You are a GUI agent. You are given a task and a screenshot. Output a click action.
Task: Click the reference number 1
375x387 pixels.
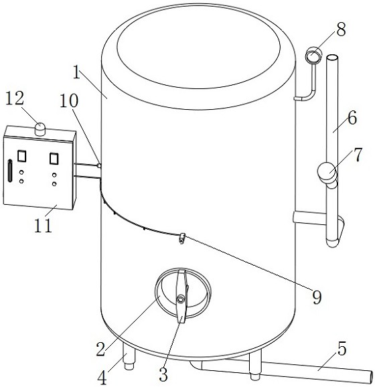pyautogui.click(x=77, y=70)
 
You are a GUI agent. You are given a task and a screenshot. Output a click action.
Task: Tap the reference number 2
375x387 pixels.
pyautogui.click(x=101, y=349)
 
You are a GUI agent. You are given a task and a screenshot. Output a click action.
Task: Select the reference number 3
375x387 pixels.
pyautogui.click(x=163, y=374)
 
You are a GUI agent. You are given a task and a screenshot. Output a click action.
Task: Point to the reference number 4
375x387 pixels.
pyautogui.click(x=102, y=378)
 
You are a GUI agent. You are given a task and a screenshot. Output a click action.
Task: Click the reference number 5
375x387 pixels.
pyautogui.click(x=342, y=349)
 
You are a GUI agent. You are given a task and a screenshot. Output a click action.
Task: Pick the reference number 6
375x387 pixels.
pyautogui.click(x=352, y=117)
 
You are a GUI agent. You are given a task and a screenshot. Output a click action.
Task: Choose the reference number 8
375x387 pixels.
pyautogui.click(x=341, y=29)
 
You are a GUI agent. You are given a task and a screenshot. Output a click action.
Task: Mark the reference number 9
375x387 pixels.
pyautogui.click(x=317, y=297)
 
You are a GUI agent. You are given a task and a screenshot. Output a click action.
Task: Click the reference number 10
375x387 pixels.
pyautogui.click(x=69, y=100)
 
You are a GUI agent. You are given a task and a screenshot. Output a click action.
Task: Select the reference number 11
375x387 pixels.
pyautogui.click(x=44, y=225)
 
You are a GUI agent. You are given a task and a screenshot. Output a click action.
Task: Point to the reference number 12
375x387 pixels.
pyautogui.click(x=15, y=98)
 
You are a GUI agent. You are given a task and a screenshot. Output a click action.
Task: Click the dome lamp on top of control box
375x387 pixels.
pyautogui.click(x=40, y=129)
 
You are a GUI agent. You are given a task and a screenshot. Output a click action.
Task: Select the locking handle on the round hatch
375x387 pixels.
pyautogui.click(x=181, y=296)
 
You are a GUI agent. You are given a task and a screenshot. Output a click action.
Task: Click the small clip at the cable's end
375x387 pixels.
pyautogui.click(x=182, y=238)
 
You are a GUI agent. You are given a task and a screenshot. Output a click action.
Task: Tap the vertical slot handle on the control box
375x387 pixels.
pyautogui.click(x=9, y=171)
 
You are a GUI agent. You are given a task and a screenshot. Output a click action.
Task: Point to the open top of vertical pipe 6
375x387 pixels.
pyautogui.click(x=332, y=58)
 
